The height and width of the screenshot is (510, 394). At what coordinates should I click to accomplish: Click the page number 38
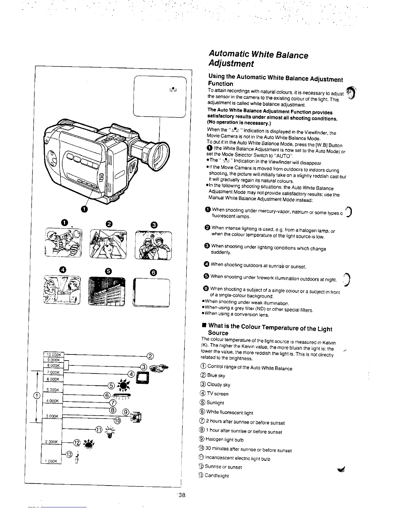182,496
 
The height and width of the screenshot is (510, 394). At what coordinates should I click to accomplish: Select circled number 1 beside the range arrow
37,395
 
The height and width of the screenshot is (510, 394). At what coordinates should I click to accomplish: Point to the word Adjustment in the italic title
231,63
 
